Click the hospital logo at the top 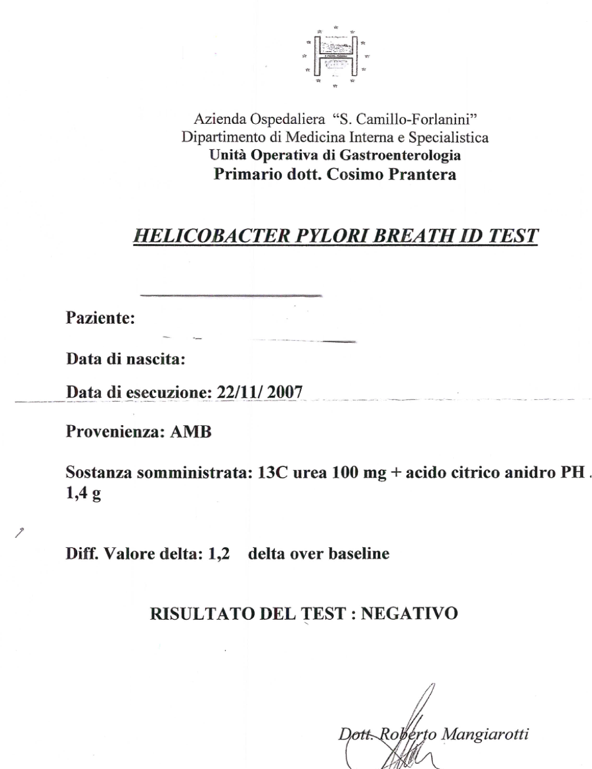tap(335, 57)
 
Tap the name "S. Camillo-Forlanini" tap(404, 119)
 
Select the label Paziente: tap(100, 318)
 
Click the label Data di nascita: tap(126, 359)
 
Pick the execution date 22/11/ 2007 tap(260, 392)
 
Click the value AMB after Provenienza tap(190, 432)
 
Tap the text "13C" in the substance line tap(272, 473)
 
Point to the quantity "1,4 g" tap(83, 494)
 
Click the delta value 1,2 tap(219, 554)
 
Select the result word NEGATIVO tap(409, 613)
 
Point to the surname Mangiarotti tap(485, 734)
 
